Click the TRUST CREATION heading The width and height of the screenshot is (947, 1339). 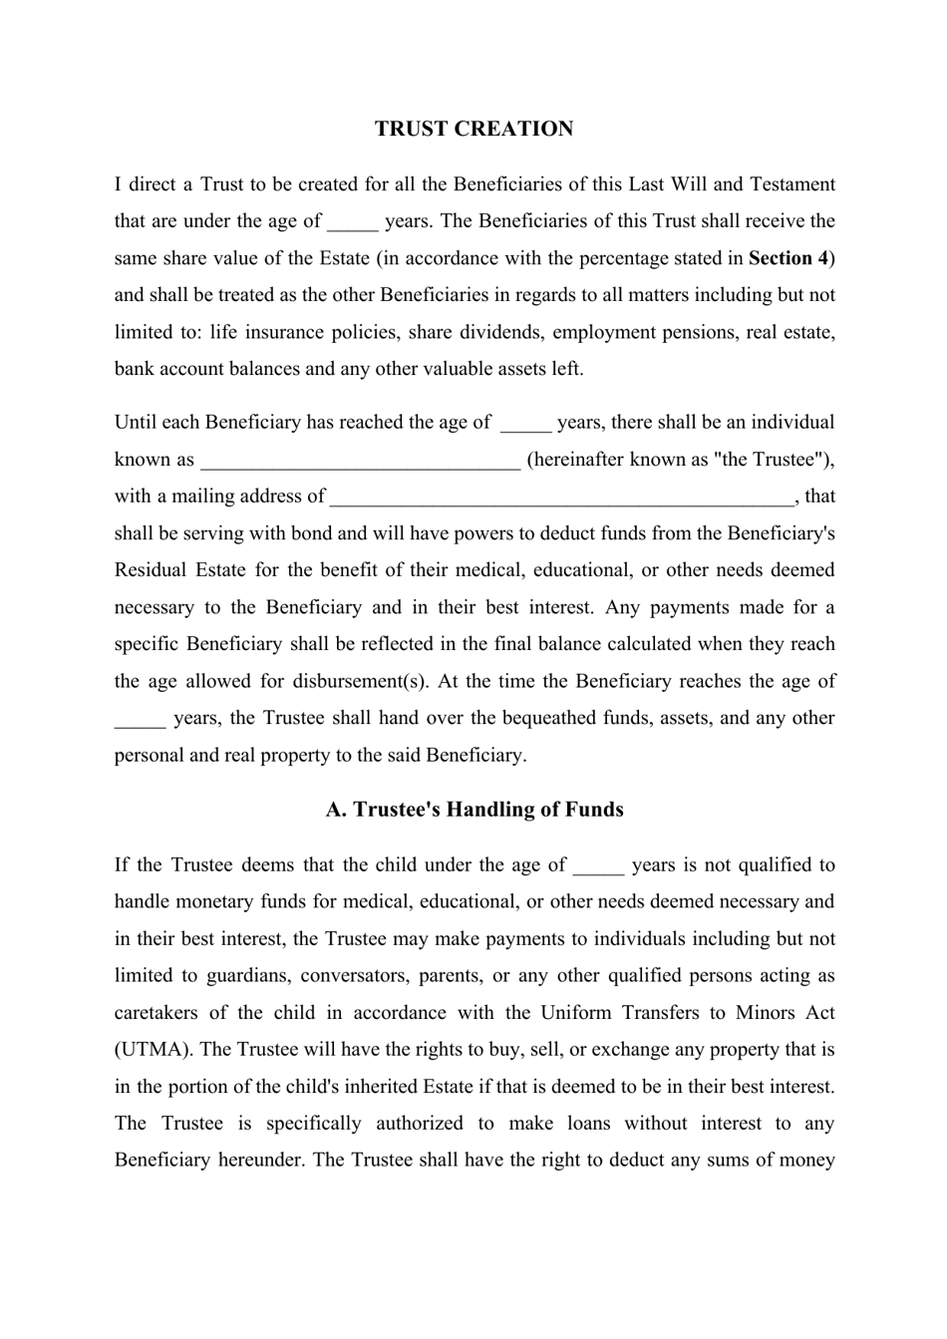point(473,129)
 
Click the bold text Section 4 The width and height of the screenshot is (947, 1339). point(788,258)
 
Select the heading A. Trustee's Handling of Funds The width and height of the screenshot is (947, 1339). point(474,810)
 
